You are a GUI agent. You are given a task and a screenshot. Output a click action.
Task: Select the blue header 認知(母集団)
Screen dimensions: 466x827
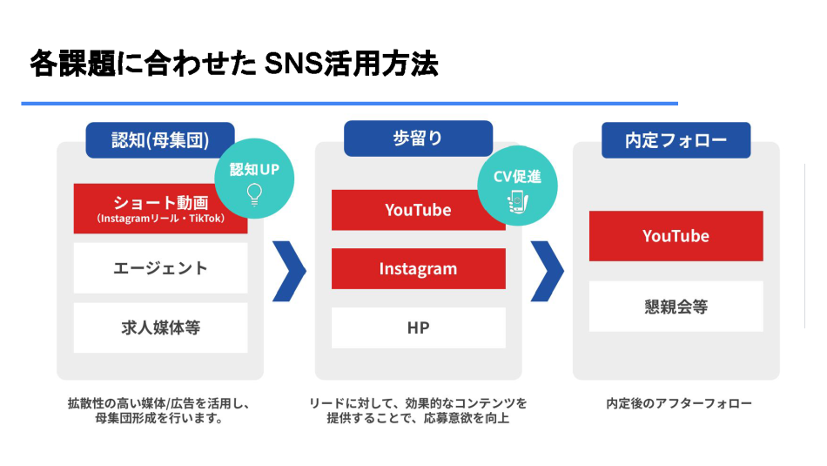point(160,139)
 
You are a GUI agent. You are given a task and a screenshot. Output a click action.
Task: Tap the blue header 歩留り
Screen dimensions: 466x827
point(418,138)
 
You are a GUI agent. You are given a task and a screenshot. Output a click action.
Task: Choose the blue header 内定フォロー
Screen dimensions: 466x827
point(676,139)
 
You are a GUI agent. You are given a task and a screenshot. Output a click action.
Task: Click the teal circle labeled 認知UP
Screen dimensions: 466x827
point(254,178)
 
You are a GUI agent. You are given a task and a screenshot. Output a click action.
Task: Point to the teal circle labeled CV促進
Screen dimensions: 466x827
point(517,186)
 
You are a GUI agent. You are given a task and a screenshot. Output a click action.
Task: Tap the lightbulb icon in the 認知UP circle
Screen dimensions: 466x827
point(254,192)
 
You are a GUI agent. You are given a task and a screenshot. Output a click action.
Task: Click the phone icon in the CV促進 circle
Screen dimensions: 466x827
point(517,200)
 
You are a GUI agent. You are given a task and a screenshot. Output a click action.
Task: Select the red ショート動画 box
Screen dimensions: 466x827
point(160,208)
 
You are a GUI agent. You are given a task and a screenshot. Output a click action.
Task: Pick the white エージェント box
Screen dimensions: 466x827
point(160,267)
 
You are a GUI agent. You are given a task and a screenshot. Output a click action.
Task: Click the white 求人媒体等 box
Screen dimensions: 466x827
point(160,328)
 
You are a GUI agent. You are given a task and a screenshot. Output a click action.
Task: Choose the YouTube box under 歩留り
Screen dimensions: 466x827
point(418,210)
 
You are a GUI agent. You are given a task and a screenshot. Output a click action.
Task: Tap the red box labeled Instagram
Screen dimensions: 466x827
point(418,268)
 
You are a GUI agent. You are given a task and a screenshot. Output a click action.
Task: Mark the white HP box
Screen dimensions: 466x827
point(418,328)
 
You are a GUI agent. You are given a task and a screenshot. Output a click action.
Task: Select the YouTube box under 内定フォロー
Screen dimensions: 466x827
point(676,236)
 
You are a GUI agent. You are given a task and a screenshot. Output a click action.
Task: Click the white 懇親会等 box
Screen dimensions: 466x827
point(676,306)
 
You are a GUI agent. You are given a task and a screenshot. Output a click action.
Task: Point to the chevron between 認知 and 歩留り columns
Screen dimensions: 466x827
point(289,270)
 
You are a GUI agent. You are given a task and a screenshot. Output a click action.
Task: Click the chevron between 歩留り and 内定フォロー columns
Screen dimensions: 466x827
point(547,270)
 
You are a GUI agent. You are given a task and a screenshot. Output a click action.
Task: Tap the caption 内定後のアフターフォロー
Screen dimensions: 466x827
point(678,403)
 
